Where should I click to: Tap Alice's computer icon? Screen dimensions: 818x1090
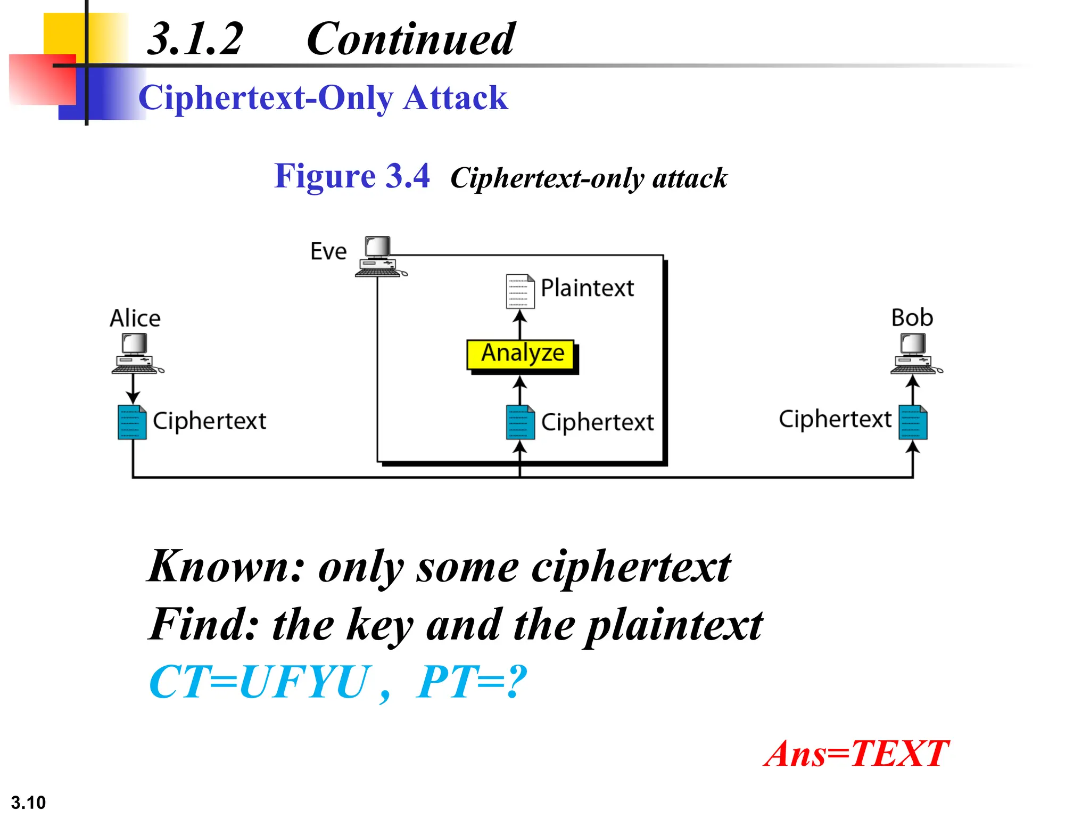136,353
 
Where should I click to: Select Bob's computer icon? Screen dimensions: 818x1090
914,353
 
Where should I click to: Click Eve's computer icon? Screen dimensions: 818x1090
379,257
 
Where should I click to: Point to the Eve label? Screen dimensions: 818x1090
328,251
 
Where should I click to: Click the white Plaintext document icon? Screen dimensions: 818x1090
520,291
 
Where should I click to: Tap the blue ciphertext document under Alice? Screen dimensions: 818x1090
132,422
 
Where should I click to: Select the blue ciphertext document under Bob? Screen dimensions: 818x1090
913,422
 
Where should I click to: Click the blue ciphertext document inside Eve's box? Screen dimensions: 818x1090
520,422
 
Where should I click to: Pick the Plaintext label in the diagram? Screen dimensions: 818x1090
587,288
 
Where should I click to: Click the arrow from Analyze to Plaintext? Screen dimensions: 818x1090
520,324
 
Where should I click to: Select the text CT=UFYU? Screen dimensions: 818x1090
259,682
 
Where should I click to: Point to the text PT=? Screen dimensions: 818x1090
471,682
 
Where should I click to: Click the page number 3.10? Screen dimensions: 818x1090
28,802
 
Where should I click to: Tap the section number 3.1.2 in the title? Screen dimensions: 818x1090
195,39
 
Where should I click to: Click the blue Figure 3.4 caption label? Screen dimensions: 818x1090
351,176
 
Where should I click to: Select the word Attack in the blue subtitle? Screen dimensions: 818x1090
455,98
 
